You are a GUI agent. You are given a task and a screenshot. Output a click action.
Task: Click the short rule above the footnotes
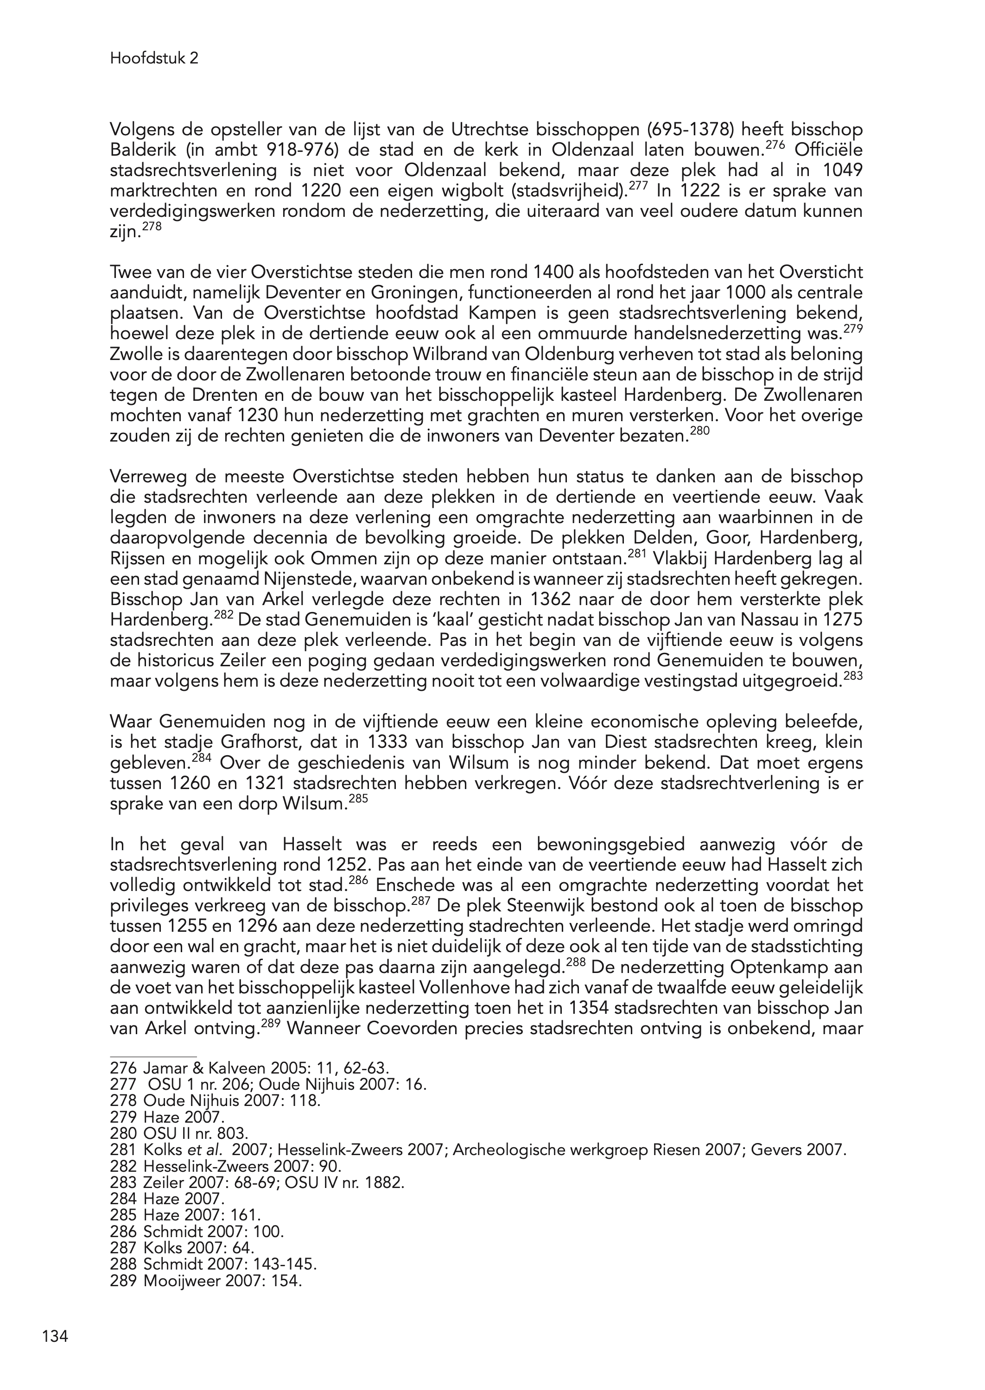(x=153, y=1056)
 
